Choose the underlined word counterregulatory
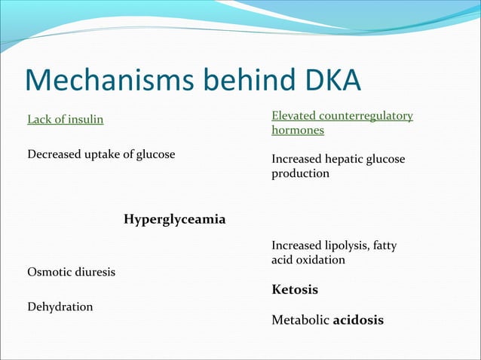tap(367, 115)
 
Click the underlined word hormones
tap(298, 130)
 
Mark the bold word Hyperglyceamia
tap(174, 219)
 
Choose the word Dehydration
tap(60, 307)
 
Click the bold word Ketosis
tap(295, 289)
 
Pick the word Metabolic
tap(300, 320)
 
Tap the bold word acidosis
tap(358, 320)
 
